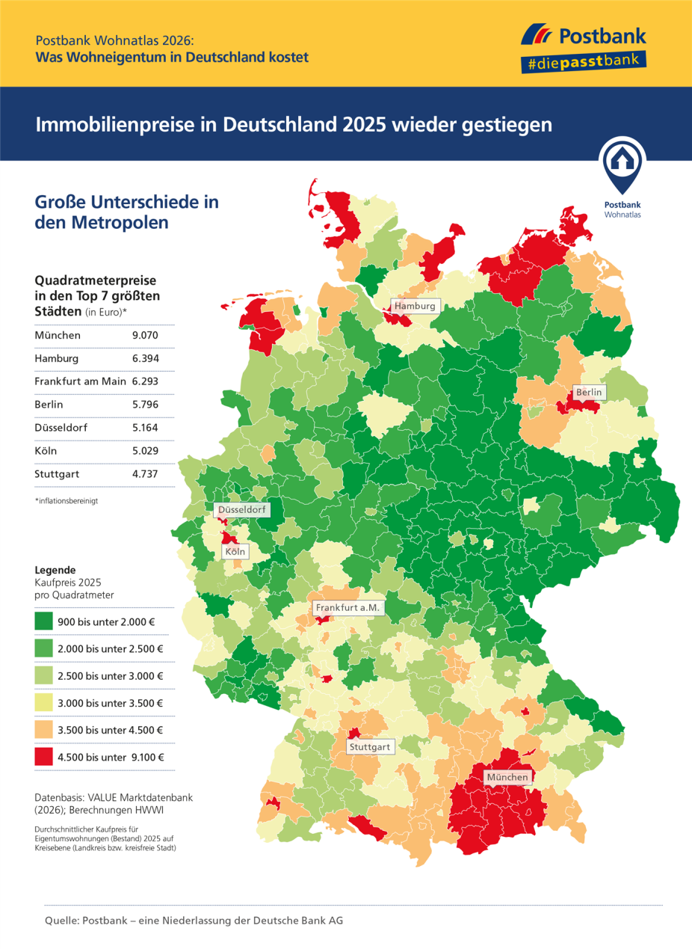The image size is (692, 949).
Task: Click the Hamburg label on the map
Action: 415,306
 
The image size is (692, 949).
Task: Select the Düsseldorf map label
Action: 241,511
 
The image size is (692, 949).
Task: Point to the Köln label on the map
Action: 235,553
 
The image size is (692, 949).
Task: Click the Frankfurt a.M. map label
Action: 348,608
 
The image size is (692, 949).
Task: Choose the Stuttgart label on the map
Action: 370,746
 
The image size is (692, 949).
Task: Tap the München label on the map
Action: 507,778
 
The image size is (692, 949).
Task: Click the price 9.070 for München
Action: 145,335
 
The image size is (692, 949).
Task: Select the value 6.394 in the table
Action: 145,358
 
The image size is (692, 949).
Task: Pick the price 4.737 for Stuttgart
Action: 145,474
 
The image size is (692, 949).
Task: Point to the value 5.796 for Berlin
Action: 145,405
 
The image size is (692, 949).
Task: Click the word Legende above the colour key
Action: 55,569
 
